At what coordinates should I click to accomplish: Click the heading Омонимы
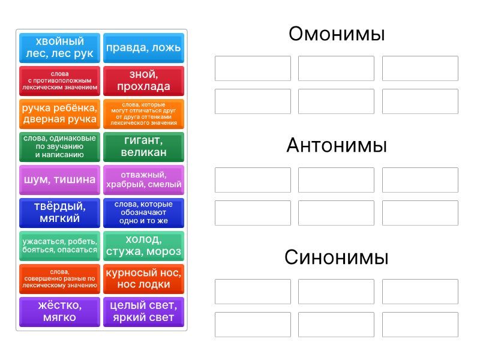(x=337, y=34)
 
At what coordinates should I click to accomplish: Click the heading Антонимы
(x=337, y=145)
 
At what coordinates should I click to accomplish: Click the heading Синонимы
(x=337, y=257)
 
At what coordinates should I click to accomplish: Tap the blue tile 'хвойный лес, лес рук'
(x=59, y=48)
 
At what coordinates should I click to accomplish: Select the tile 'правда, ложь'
(x=143, y=48)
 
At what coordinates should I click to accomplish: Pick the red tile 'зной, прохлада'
(x=143, y=81)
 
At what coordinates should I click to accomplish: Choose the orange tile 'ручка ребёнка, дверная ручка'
(x=59, y=114)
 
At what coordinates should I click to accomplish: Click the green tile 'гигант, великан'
(x=143, y=147)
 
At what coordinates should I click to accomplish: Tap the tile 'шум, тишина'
(x=59, y=180)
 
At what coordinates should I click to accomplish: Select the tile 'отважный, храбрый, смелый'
(x=143, y=180)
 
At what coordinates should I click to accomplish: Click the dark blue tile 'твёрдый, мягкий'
(x=59, y=213)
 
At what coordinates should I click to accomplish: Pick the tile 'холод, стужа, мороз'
(x=143, y=246)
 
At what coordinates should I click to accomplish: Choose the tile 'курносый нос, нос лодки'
(x=143, y=279)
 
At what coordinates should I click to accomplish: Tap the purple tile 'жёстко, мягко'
(x=59, y=312)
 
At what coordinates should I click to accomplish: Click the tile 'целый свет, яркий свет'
(x=143, y=312)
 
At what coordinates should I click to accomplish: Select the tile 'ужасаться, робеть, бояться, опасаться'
(x=59, y=246)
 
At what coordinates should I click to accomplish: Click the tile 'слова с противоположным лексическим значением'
(x=59, y=81)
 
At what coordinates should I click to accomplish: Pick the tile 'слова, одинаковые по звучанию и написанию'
(x=59, y=147)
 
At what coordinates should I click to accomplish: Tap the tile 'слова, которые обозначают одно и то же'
(x=143, y=213)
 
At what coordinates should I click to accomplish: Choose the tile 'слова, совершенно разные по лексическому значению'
(x=59, y=279)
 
